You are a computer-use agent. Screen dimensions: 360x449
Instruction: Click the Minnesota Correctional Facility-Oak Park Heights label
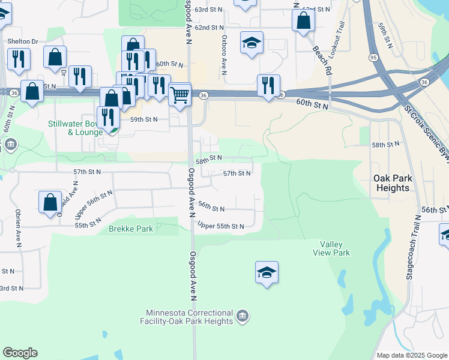(x=190, y=317)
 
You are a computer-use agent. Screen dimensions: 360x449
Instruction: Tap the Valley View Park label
(x=331, y=248)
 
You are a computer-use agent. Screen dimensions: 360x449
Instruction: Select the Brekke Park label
(x=131, y=229)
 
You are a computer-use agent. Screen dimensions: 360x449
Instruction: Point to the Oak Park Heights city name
(x=391, y=183)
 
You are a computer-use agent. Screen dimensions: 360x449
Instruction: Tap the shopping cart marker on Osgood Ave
(x=179, y=94)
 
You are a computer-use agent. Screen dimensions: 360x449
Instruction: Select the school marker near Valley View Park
(x=267, y=273)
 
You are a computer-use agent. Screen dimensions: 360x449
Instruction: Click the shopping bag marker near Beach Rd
(x=304, y=20)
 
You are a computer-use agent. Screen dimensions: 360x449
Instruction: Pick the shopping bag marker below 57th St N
(x=50, y=202)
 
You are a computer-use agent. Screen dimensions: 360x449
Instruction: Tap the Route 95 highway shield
(x=373, y=58)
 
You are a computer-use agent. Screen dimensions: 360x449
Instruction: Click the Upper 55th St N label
(x=221, y=226)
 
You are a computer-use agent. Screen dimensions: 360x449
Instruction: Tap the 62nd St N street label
(x=209, y=28)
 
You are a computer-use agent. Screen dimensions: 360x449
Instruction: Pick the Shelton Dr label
(x=23, y=41)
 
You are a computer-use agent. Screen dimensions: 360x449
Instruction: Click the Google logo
(x=20, y=353)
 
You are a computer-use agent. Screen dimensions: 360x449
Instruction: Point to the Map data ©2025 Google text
(x=412, y=355)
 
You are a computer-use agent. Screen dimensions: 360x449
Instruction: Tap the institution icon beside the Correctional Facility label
(x=242, y=316)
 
